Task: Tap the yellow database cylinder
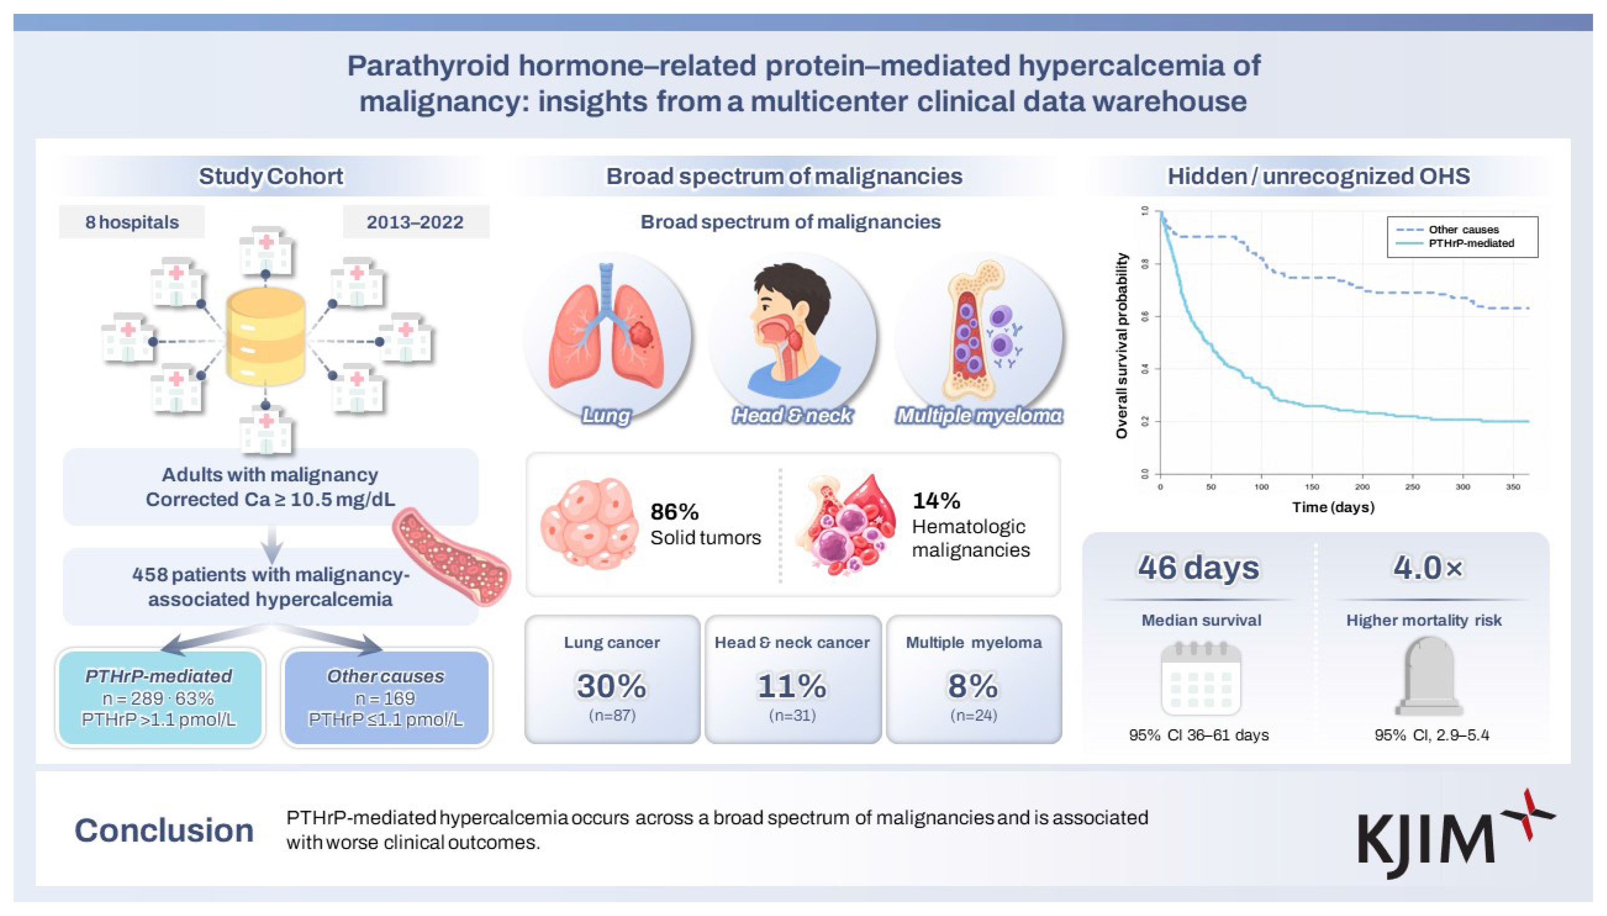coord(266,336)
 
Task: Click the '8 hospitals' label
coord(132,222)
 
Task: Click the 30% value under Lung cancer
coord(611,686)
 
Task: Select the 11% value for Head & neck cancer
coord(792,686)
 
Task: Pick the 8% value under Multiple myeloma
coord(973,686)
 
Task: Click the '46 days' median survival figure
coord(1198,567)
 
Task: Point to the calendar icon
coord(1201,678)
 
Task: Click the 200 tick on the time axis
coord(1362,487)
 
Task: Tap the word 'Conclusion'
coord(164,830)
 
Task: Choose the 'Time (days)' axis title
coord(1333,507)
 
